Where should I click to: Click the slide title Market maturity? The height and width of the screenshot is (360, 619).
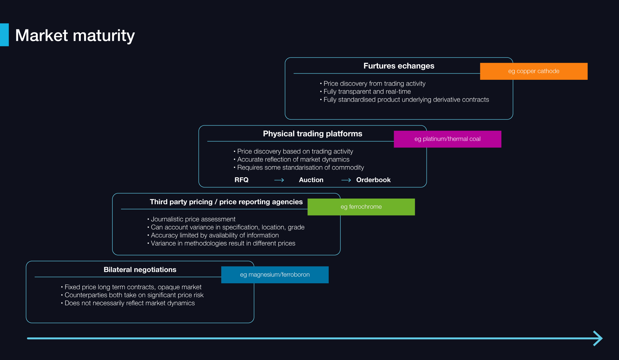pos(75,35)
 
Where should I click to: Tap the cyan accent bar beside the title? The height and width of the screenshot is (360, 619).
pos(4,35)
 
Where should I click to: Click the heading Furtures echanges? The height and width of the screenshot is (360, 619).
pos(399,66)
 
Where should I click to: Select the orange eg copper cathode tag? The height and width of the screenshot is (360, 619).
pos(534,71)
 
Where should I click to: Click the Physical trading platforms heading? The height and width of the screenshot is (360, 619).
pos(312,134)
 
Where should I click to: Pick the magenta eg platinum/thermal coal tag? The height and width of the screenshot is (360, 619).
pos(447,139)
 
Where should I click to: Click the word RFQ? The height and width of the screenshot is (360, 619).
pos(241,180)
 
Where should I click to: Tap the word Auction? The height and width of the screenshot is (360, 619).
pos(311,180)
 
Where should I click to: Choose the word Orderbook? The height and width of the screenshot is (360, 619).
pos(373,180)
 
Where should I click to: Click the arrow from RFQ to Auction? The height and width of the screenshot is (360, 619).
pos(279,180)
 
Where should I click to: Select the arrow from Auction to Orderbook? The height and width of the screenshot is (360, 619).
pos(346,180)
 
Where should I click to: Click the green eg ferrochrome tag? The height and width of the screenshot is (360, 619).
pos(361,207)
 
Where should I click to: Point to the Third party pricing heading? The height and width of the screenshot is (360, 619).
pos(226,202)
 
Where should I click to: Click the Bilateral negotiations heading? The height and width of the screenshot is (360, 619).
pos(140,270)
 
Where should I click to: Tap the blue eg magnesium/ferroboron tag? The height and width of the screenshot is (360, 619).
pos(275,275)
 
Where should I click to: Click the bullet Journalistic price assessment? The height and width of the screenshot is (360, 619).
pos(193,219)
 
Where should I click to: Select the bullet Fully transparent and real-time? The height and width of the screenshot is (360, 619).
pos(367,92)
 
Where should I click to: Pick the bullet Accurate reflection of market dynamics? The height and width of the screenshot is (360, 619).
pos(293,160)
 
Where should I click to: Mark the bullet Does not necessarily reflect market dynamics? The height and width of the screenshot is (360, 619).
pos(129,303)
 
